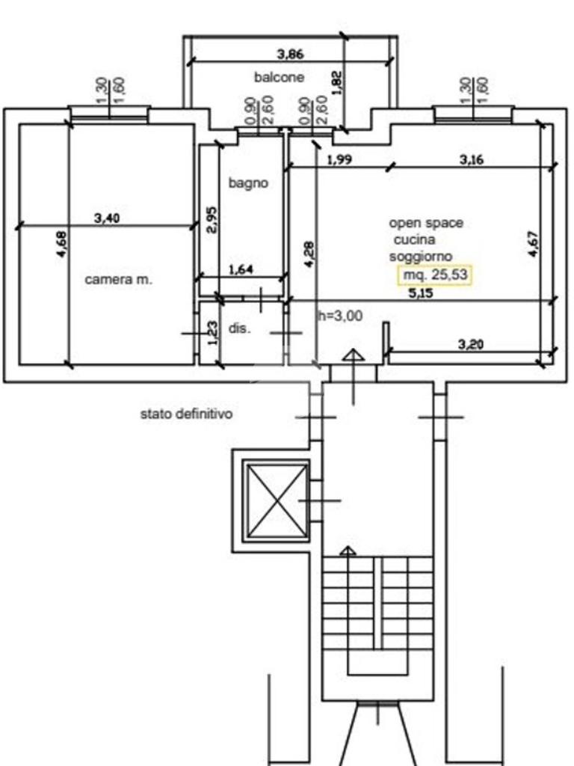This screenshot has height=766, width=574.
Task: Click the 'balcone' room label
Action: (x=279, y=77)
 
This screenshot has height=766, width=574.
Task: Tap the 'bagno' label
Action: (x=248, y=183)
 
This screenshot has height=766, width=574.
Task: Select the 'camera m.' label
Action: (x=119, y=280)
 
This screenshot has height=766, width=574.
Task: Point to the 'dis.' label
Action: (x=239, y=328)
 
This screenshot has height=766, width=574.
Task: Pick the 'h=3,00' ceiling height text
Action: (x=340, y=316)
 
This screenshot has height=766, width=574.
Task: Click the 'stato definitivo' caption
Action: (x=186, y=414)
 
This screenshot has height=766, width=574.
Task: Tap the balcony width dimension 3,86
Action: (x=291, y=54)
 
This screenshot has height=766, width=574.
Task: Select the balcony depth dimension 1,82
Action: (x=337, y=82)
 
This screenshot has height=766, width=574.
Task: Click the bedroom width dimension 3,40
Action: (x=106, y=218)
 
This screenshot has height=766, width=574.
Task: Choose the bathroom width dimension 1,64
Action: (x=241, y=269)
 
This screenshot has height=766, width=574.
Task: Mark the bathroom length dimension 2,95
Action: (x=212, y=220)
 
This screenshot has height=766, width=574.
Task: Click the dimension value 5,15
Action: (x=420, y=293)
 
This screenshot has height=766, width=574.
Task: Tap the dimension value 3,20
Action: (x=471, y=344)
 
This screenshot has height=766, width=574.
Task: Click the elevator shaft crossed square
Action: (x=276, y=500)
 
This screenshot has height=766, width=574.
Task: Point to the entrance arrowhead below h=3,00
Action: (x=353, y=355)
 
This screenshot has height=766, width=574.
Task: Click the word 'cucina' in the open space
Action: (x=414, y=239)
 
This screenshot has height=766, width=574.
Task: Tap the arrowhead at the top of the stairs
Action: (x=348, y=551)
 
